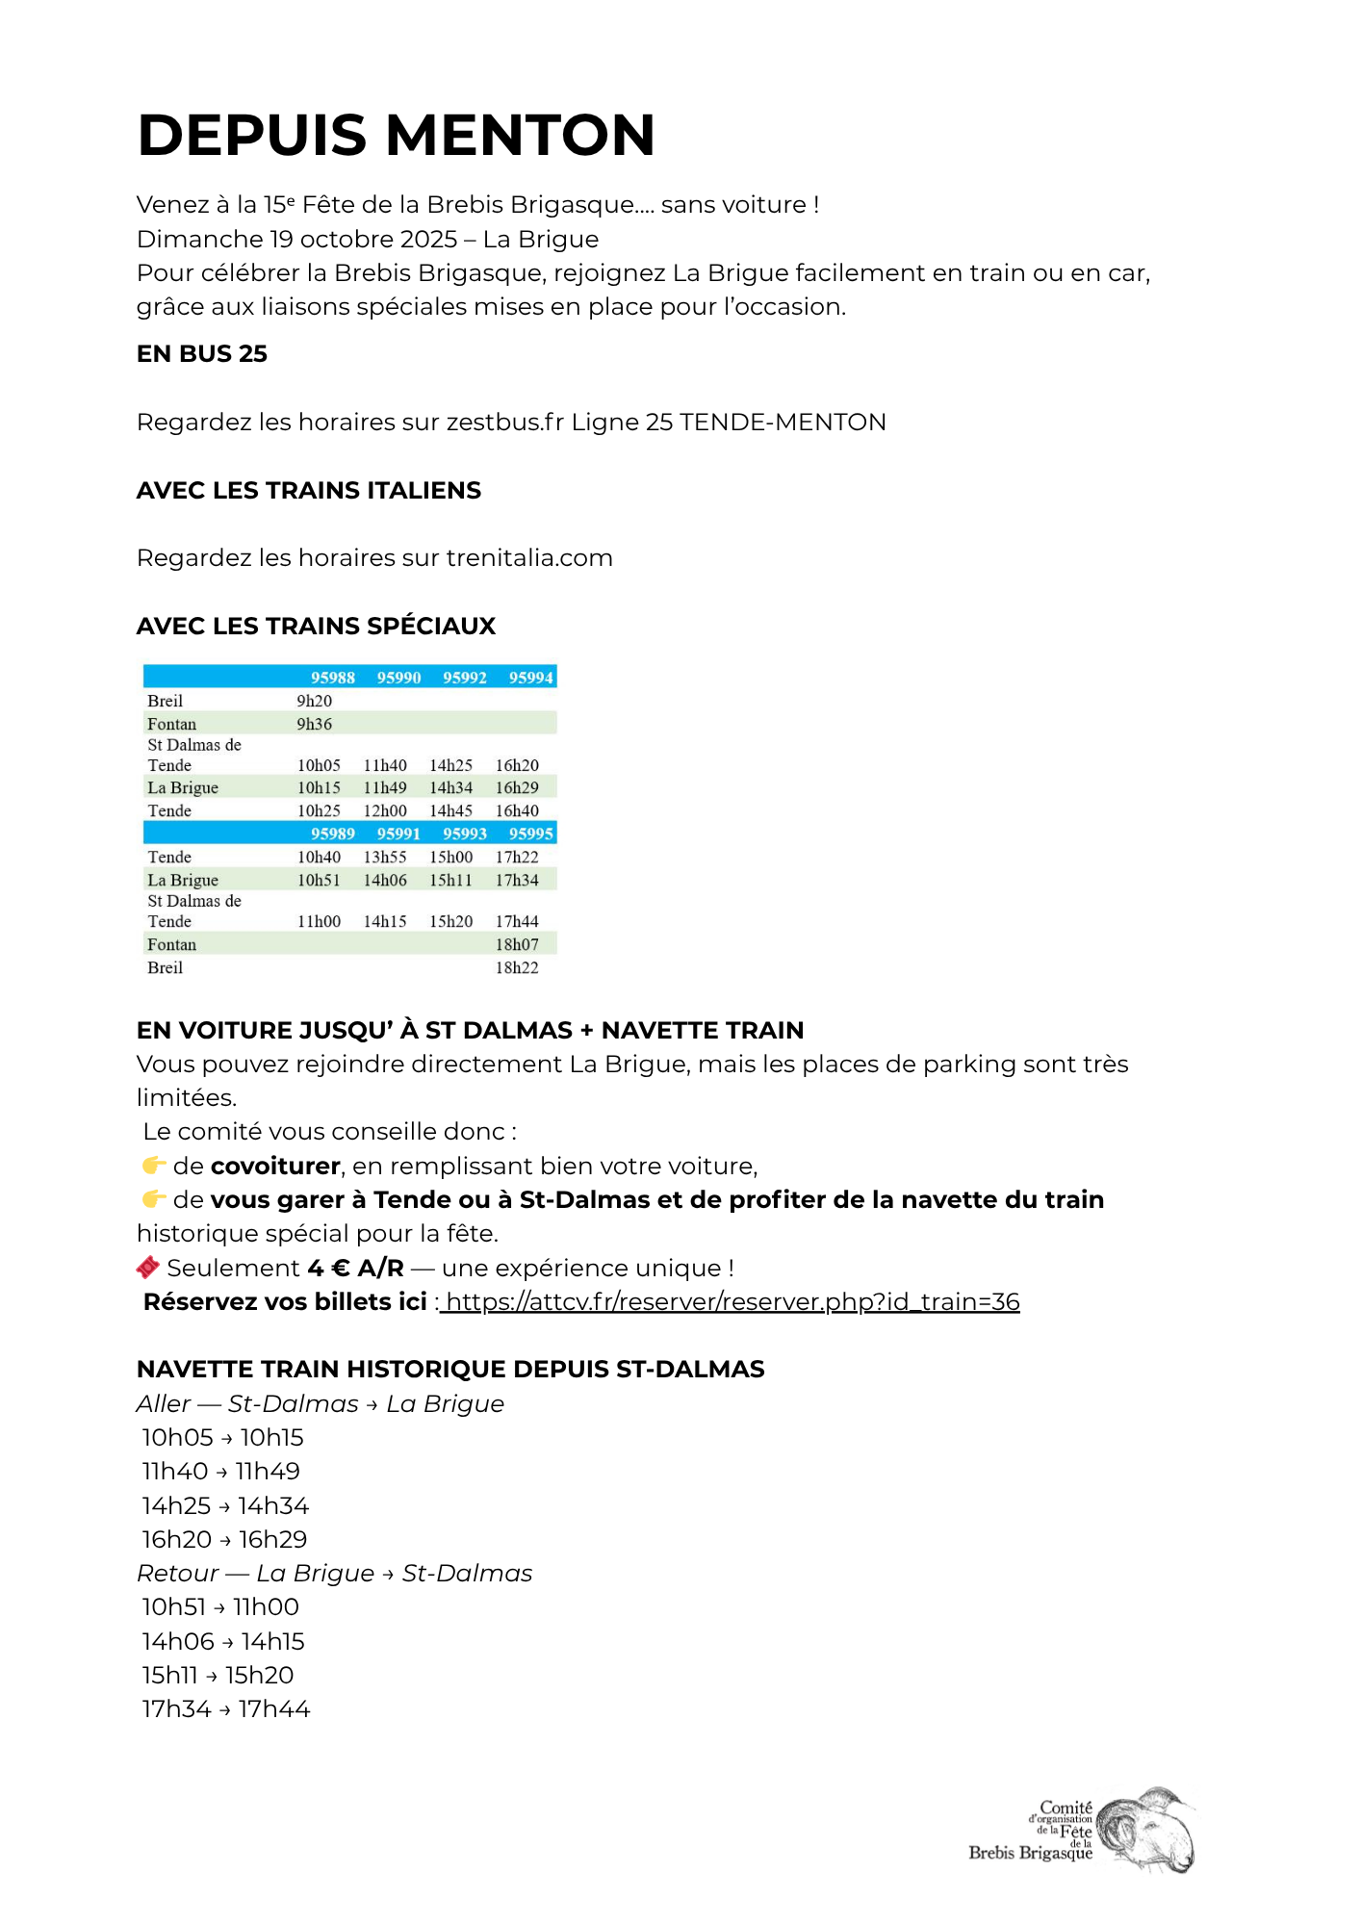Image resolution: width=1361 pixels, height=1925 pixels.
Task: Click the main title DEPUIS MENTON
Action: click(396, 135)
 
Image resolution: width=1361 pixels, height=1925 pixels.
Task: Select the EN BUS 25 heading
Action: click(202, 354)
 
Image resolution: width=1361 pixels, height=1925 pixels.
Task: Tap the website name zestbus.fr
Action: click(504, 423)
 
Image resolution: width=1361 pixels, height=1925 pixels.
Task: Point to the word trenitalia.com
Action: click(528, 558)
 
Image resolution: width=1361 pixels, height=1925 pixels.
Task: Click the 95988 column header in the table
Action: click(332, 678)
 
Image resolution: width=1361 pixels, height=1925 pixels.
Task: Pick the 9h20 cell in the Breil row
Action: click(314, 701)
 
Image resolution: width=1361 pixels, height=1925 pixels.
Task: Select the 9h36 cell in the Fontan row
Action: click(314, 724)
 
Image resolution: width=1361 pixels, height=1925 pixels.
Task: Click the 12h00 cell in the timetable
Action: click(385, 810)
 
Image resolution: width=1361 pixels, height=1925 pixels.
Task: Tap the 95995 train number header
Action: click(530, 834)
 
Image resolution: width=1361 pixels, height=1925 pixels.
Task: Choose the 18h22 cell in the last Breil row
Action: click(517, 967)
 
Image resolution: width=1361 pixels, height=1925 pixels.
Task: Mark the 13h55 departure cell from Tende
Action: click(385, 857)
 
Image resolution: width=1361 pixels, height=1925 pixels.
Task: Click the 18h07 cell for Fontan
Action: click(517, 944)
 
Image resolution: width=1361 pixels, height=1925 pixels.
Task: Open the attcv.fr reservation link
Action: click(732, 1302)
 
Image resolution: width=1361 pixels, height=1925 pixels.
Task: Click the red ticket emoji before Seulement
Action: click(148, 1268)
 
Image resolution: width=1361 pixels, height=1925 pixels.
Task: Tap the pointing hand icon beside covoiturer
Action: click(153, 1166)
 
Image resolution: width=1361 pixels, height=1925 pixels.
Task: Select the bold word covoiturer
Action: click(275, 1167)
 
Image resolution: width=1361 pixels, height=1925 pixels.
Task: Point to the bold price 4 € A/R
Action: click(355, 1269)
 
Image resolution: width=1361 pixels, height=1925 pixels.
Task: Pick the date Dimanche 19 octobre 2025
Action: click(296, 240)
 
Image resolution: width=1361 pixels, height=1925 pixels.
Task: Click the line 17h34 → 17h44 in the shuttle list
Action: click(226, 1709)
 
